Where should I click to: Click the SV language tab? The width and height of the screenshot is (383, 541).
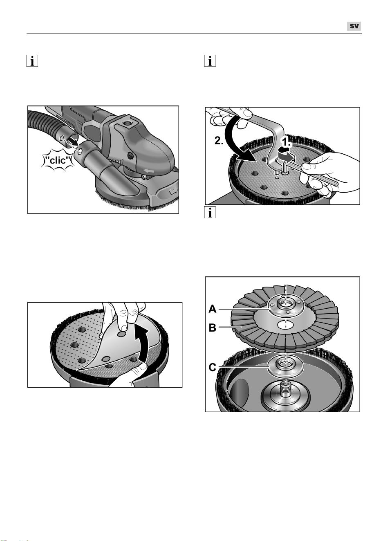354,26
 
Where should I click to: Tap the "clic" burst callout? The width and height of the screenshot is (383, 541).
58,160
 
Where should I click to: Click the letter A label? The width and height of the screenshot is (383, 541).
213,309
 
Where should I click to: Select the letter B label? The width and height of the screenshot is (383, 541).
213,328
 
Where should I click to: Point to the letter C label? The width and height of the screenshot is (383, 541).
213,368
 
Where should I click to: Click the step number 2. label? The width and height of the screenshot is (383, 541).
219,141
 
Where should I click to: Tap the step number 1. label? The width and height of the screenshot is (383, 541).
287,143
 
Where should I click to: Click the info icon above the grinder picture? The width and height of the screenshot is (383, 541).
32,61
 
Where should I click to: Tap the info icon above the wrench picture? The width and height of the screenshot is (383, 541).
210,61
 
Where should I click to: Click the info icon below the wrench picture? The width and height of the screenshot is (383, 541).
210,212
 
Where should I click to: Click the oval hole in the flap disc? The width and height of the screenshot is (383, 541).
285,325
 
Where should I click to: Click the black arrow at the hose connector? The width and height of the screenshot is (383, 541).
72,141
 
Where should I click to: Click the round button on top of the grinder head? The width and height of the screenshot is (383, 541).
126,123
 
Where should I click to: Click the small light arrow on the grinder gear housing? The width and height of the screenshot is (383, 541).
149,171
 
